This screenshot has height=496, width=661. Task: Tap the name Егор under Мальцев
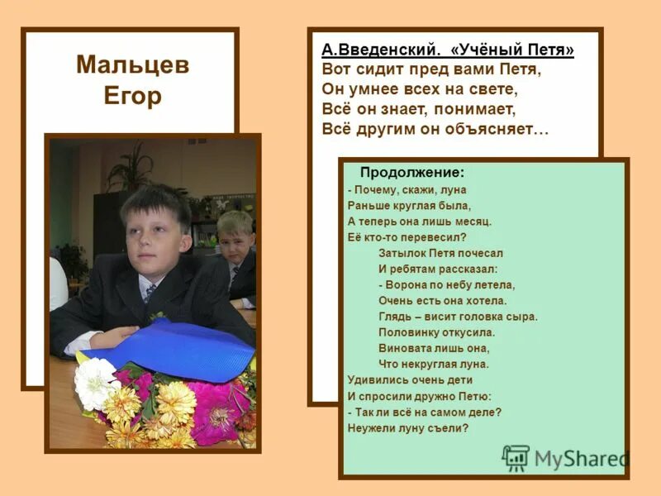[x=132, y=96]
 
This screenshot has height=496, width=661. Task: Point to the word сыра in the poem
[x=521, y=316]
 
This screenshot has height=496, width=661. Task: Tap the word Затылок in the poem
[x=401, y=253]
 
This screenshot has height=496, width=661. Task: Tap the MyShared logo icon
[x=516, y=457]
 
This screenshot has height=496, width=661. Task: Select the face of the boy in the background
[x=234, y=237]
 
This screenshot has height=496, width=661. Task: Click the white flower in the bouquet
[x=95, y=382]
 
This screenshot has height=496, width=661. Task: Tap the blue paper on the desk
[x=178, y=347]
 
